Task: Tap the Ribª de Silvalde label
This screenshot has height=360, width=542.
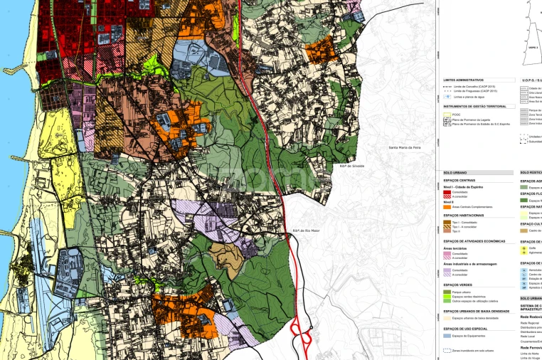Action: (x=352, y=166)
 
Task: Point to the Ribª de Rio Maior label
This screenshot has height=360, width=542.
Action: (x=305, y=231)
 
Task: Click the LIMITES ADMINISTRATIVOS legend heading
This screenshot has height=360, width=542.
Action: (x=463, y=80)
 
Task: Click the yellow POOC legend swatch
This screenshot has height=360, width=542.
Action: (x=447, y=114)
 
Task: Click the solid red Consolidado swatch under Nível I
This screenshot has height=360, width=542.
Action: (x=447, y=192)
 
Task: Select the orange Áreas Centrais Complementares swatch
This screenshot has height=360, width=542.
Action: (x=447, y=207)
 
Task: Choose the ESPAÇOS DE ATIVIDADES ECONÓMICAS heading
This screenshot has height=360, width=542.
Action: (x=474, y=241)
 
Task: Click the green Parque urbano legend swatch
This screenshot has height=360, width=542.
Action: (x=447, y=291)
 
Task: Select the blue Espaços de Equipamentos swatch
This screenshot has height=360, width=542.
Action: (x=447, y=335)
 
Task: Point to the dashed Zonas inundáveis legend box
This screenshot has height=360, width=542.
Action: (x=447, y=350)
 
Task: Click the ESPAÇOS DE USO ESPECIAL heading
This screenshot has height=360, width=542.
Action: (x=464, y=328)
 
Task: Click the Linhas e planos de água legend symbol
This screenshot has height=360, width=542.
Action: (x=447, y=96)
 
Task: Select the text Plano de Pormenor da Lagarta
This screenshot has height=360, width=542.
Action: (x=472, y=119)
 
